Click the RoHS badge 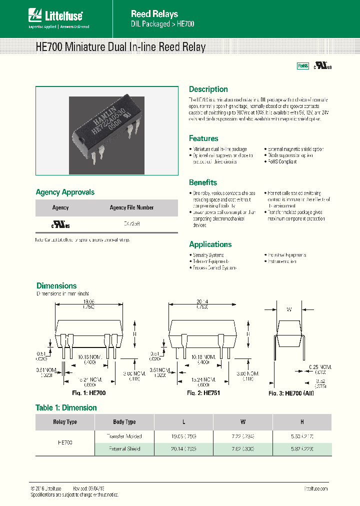coord(303,66)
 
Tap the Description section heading coord(208,89)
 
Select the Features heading coord(203,138)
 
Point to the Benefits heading coord(203,182)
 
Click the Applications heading coord(210,244)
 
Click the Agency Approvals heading coord(65,192)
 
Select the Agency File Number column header coord(131,207)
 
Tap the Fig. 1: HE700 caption coord(88,393)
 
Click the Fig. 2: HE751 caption coord(203,393)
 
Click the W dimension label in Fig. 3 coord(289,309)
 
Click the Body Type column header coord(124,422)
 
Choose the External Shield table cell coord(124,448)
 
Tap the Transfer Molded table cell coord(124,436)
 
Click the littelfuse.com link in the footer coord(315,488)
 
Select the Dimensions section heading coord(56,286)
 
